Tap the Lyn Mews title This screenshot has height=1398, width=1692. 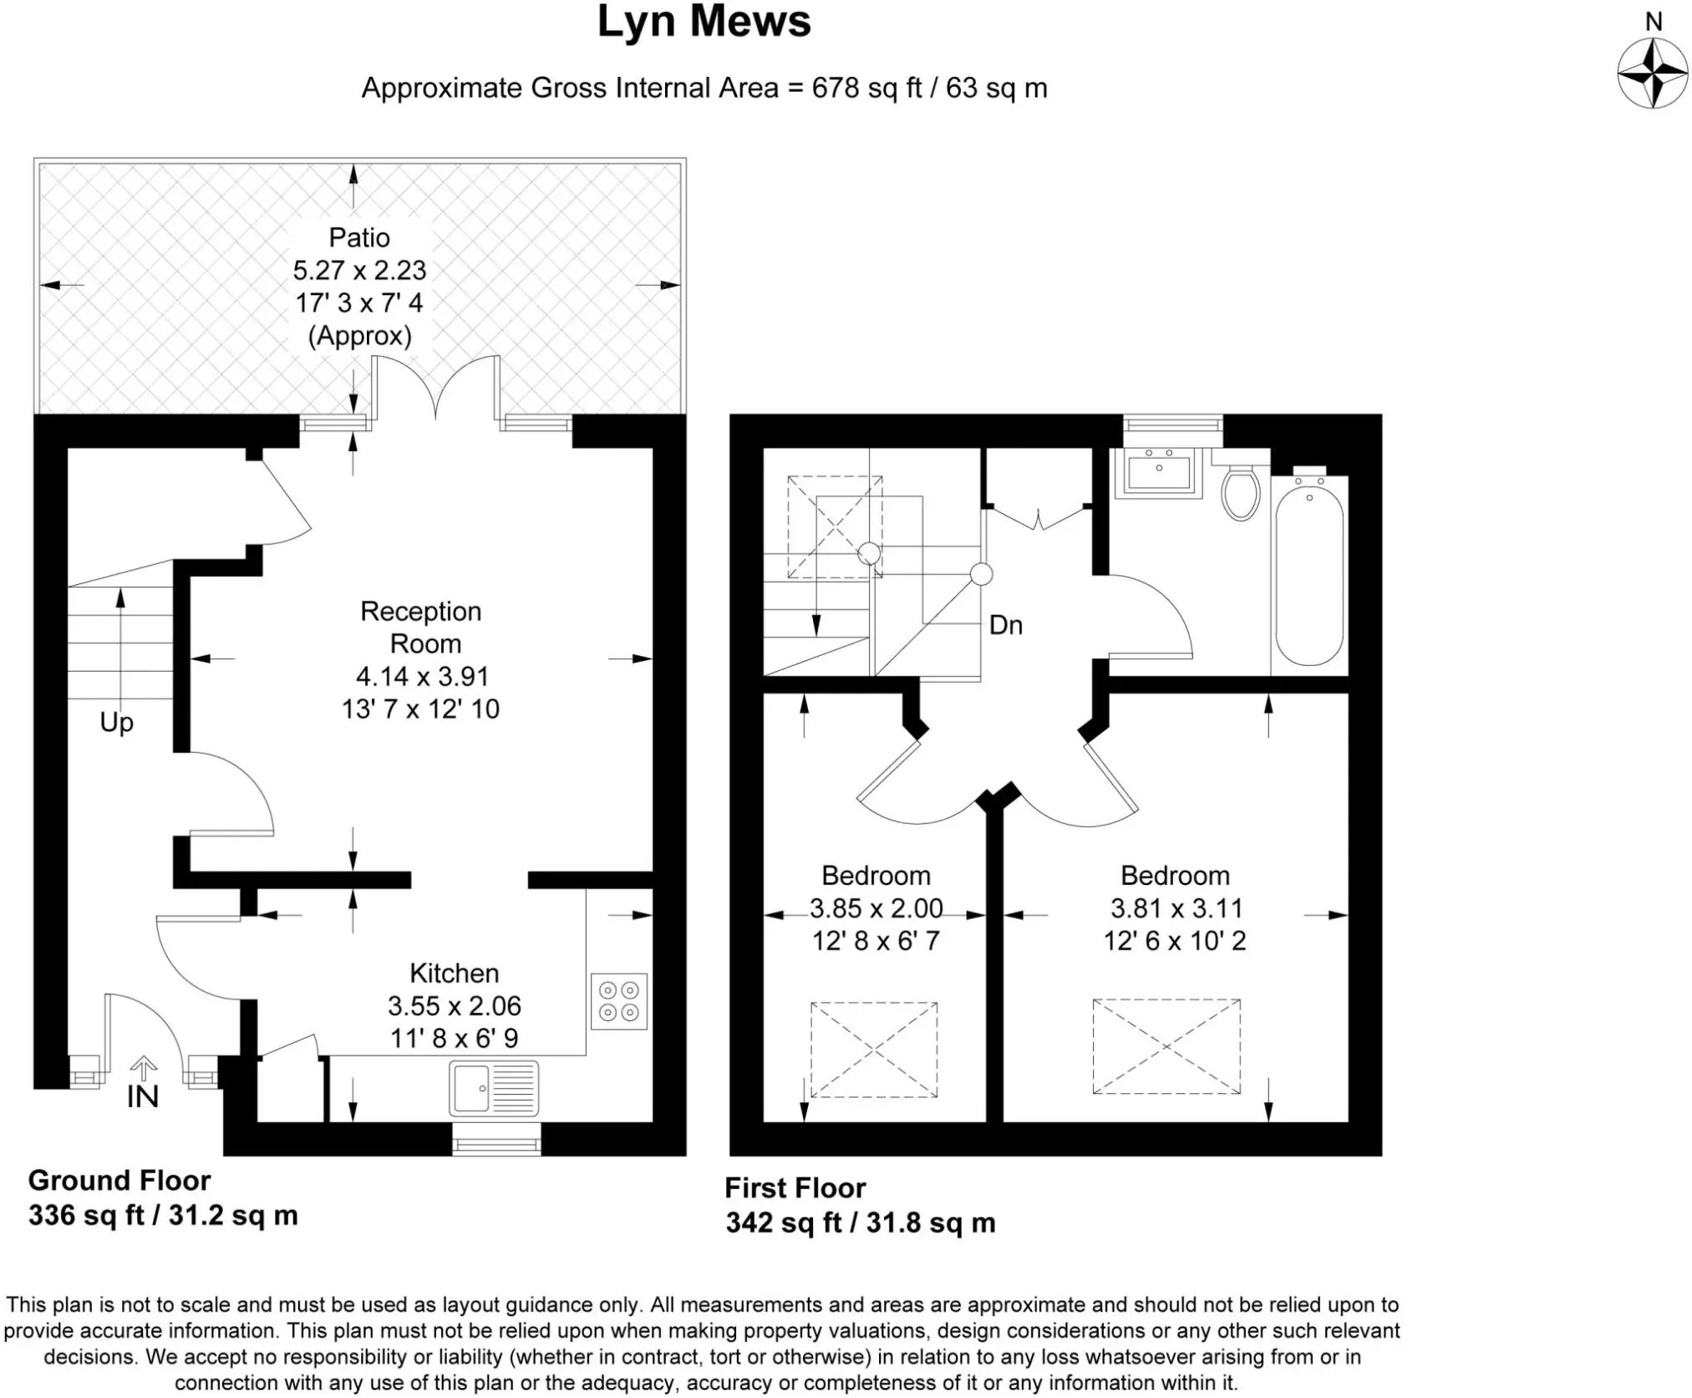[704, 23]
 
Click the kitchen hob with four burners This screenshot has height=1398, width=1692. [619, 1001]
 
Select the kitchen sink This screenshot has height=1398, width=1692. [494, 1089]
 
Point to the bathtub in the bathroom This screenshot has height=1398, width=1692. [1309, 574]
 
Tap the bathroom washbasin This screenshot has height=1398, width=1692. [1160, 473]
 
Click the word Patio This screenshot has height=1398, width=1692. [359, 238]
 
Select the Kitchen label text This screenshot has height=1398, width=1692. [454, 974]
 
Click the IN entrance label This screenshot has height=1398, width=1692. [143, 1097]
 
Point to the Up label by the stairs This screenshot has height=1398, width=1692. [117, 723]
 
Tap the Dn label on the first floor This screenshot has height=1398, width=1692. [1006, 625]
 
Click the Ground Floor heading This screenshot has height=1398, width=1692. [119, 1181]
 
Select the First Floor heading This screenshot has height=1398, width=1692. [795, 1188]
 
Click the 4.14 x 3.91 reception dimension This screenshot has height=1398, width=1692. [422, 676]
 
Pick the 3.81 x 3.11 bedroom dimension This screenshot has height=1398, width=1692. [1176, 908]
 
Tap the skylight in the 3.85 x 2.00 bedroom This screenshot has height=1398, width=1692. [874, 1050]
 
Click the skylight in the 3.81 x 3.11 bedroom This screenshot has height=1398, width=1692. [1166, 1046]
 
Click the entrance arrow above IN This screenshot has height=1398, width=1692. [144, 1070]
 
